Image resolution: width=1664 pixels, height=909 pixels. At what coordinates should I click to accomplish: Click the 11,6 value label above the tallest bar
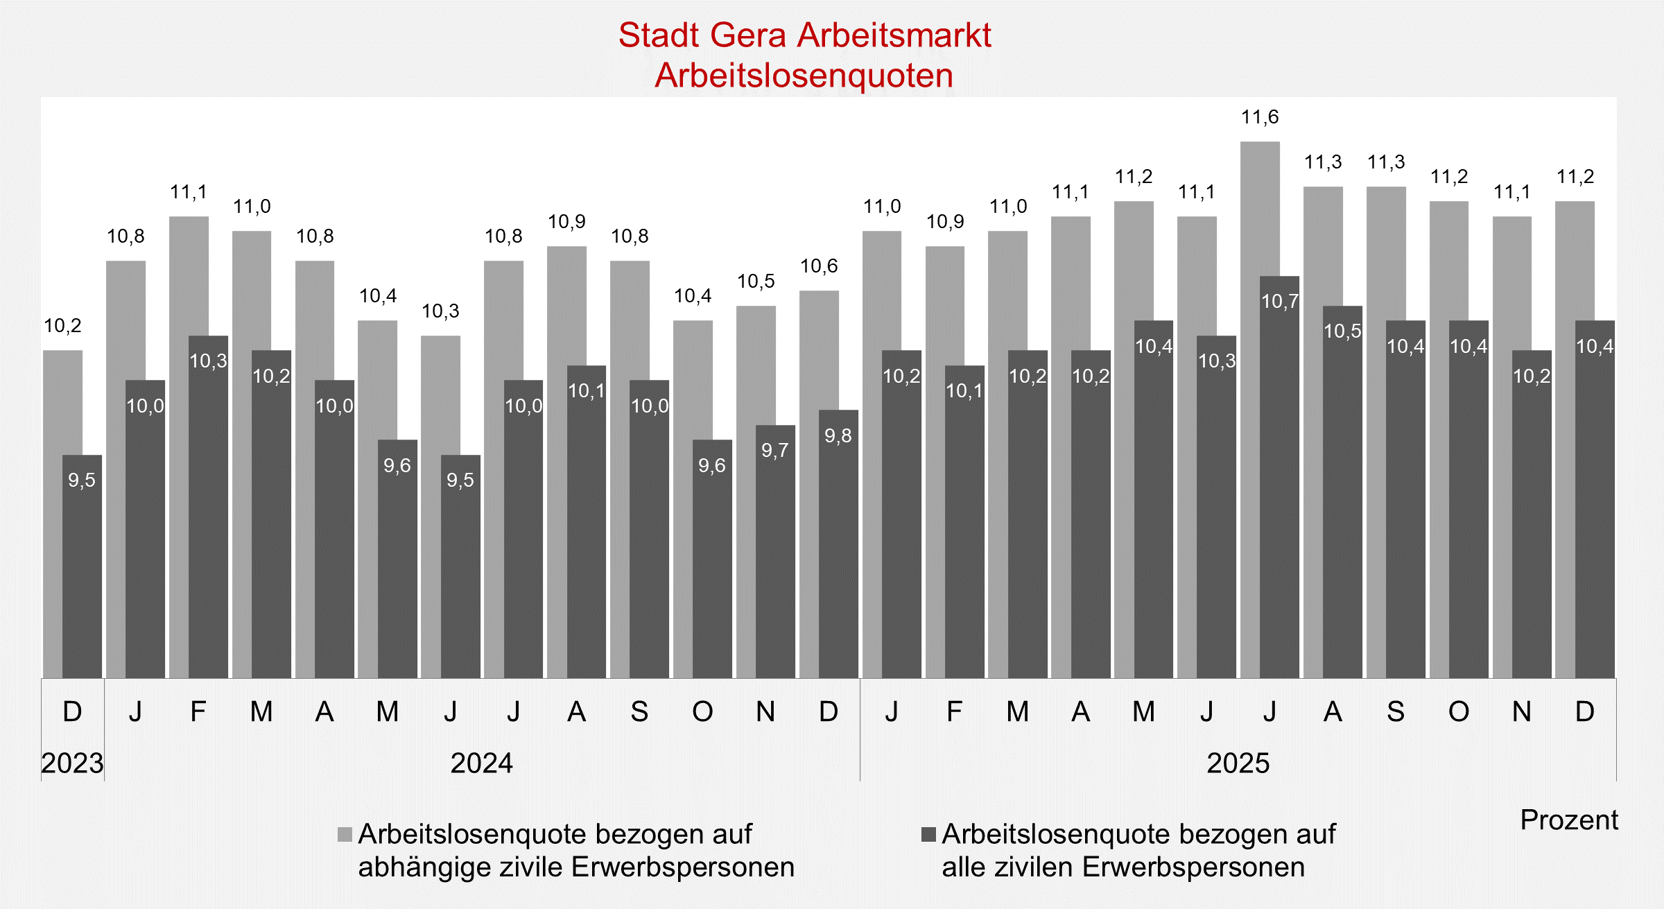click(x=1260, y=117)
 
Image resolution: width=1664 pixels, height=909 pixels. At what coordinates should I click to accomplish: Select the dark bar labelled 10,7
click(x=1279, y=485)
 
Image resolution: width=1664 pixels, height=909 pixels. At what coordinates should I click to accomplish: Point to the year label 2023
click(x=72, y=763)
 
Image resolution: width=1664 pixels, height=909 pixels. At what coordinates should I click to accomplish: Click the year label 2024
click(x=481, y=763)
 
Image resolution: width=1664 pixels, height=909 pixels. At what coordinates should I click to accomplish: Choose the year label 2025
click(x=1238, y=763)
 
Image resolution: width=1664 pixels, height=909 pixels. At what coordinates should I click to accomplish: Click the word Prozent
click(x=1568, y=820)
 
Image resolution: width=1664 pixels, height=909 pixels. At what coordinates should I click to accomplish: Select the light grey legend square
click(x=345, y=834)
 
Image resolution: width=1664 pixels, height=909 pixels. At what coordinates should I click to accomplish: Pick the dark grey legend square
click(x=928, y=834)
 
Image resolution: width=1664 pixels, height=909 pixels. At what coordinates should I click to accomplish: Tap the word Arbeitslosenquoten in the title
click(x=804, y=76)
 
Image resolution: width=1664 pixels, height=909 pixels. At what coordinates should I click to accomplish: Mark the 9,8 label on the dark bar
click(x=838, y=435)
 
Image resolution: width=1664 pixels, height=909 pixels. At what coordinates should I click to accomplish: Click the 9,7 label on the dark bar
click(x=774, y=451)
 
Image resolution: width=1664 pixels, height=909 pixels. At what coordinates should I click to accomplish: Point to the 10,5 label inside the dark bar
click(x=1342, y=331)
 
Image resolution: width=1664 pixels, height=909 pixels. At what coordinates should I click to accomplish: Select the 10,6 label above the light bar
click(x=819, y=266)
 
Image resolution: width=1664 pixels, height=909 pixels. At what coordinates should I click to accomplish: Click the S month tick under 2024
click(x=639, y=712)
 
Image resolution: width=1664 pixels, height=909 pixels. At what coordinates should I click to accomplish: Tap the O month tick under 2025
click(x=1459, y=712)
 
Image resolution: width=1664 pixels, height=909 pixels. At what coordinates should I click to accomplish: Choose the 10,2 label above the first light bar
click(x=62, y=326)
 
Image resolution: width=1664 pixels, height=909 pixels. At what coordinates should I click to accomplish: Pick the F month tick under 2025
click(x=955, y=712)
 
